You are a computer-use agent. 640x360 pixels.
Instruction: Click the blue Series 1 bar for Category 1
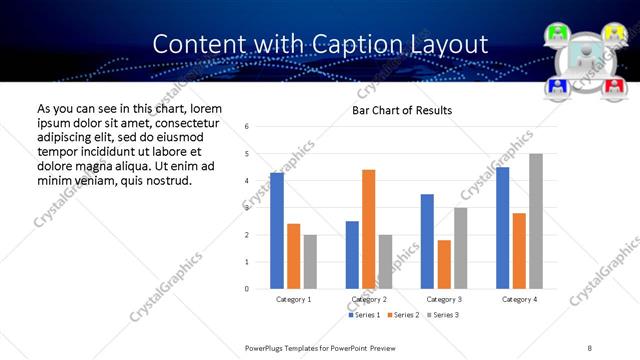277,231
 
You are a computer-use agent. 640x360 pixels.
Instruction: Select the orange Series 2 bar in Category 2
368,229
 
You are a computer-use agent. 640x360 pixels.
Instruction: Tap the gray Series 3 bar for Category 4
536,221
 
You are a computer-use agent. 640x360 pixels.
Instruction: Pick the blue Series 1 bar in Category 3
427,241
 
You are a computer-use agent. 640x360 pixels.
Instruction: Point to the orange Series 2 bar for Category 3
444,264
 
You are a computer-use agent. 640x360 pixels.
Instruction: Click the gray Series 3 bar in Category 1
310,262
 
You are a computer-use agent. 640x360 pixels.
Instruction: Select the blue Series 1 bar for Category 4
502,228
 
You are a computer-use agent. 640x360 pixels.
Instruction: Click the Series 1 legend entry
365,315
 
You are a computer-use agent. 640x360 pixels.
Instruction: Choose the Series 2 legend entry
404,315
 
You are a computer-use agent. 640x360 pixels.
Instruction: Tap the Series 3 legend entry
443,315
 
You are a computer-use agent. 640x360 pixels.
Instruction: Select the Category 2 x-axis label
368,300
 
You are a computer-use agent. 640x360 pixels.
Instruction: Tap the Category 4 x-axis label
519,300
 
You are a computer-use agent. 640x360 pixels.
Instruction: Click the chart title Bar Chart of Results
402,110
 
